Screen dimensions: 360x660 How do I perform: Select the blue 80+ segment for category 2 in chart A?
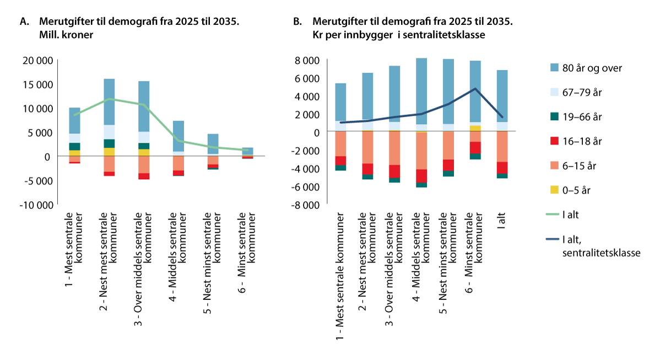coord(109,102)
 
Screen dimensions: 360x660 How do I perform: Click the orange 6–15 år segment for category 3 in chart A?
coord(144,164)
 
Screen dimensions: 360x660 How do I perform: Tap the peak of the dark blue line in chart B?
coord(475,88)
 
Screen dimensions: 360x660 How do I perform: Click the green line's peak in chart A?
coord(109,99)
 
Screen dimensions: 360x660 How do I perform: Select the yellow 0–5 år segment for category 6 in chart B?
coord(475,128)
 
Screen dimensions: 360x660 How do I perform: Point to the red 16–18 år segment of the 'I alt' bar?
coord(502,168)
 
